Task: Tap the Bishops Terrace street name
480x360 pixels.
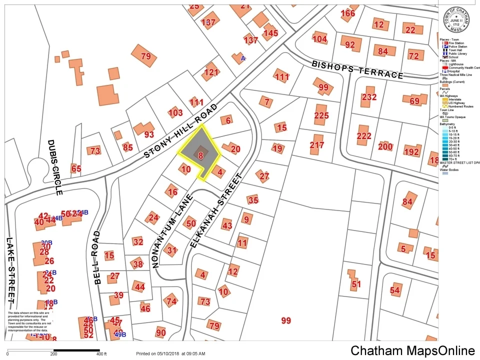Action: point(357,69)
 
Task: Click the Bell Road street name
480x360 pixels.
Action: point(96,257)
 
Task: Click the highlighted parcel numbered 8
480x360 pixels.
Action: point(200,155)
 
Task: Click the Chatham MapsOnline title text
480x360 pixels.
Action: point(412,351)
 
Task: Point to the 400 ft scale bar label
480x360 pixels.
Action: point(101,354)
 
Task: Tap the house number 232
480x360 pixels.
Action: point(369,97)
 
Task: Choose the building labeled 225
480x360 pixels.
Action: point(321,116)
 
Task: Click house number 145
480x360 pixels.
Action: point(270,33)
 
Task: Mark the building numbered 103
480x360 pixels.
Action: point(175,112)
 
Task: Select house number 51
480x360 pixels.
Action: point(356,284)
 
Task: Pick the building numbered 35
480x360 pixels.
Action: point(253,200)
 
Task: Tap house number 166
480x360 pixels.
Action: point(347,13)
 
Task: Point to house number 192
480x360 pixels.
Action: point(411,152)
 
